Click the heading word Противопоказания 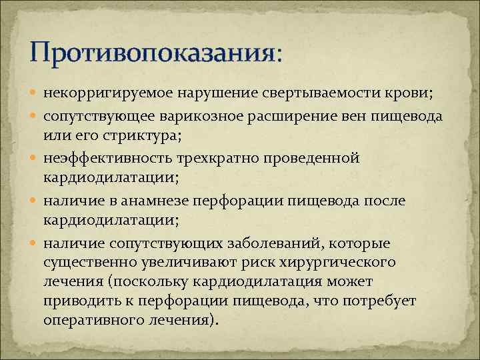[x=151, y=51]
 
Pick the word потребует [x=381, y=300]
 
